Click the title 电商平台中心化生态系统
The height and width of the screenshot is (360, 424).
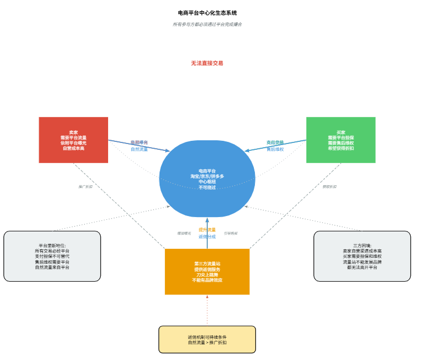tap(207, 13)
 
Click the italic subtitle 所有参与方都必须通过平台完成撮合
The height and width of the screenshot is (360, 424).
tap(207, 24)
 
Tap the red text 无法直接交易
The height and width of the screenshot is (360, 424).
tap(207, 63)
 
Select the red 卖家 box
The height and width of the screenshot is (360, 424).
tap(73, 140)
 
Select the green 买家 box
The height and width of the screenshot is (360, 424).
tap(341, 140)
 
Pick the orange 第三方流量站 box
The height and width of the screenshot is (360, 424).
tap(207, 272)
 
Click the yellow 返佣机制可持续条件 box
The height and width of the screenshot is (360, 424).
tap(207, 339)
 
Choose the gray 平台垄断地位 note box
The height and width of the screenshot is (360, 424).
tap(52, 256)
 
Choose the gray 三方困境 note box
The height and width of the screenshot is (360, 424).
tap(362, 256)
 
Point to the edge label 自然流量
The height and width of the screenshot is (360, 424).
tap(139, 149)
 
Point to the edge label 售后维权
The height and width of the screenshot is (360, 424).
tap(275, 149)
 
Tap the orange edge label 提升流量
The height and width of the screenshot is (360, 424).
tap(207, 230)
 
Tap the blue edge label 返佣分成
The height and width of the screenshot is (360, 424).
tap(207, 237)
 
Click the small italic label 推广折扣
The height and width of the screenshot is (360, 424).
tap(85, 186)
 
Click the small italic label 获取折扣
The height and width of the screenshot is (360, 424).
tap(329, 186)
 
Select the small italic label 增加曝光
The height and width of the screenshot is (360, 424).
tap(184, 233)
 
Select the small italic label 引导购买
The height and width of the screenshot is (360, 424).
tap(231, 233)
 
